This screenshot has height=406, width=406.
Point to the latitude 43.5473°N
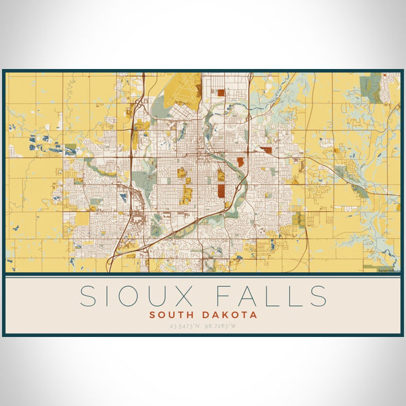[182, 327]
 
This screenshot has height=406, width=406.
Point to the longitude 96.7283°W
[222, 327]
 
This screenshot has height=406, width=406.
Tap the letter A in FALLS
[248, 296]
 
